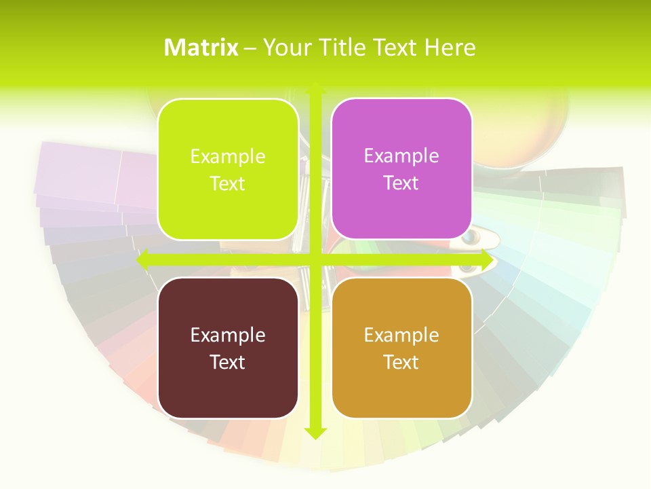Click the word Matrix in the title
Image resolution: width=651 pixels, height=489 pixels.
click(x=201, y=48)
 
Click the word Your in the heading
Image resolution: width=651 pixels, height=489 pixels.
click(x=287, y=48)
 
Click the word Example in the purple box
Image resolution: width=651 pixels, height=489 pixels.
click(x=401, y=156)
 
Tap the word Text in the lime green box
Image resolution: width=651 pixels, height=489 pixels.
click(x=228, y=184)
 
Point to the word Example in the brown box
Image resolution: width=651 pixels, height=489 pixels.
click(x=228, y=335)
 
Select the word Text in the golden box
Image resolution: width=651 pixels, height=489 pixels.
click(x=401, y=363)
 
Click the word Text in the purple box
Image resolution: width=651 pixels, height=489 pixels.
click(x=401, y=183)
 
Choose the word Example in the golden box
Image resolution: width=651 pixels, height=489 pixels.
click(x=401, y=335)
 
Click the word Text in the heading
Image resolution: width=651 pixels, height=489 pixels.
click(x=397, y=48)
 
